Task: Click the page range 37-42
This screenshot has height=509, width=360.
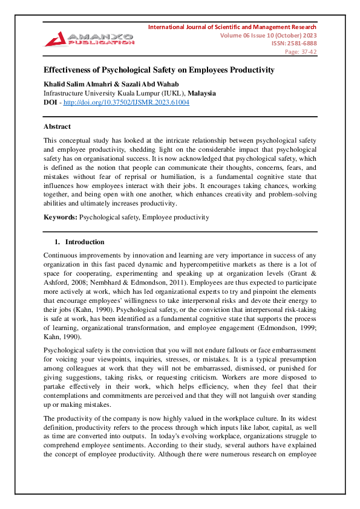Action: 309,52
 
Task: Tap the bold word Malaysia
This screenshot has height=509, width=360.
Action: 201,94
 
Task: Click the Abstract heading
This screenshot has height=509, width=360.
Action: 57,126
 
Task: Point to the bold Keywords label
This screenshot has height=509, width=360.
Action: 61,217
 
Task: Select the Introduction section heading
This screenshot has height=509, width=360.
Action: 85,242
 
